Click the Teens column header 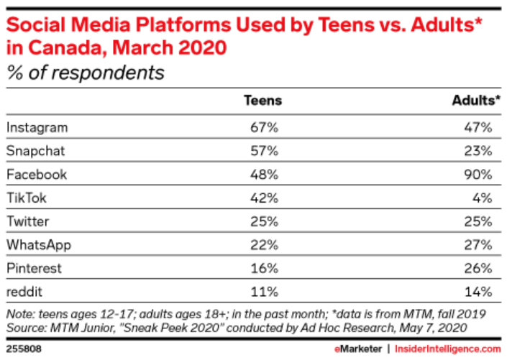263,101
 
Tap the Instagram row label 37,127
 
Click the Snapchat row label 36,151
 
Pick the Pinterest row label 34,268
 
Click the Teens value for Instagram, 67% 263,127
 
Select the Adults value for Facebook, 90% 478,175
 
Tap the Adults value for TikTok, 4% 482,198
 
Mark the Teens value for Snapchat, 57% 263,151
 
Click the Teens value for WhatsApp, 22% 263,244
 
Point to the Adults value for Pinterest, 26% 478,268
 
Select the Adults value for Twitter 478,221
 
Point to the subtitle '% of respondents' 86,73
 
